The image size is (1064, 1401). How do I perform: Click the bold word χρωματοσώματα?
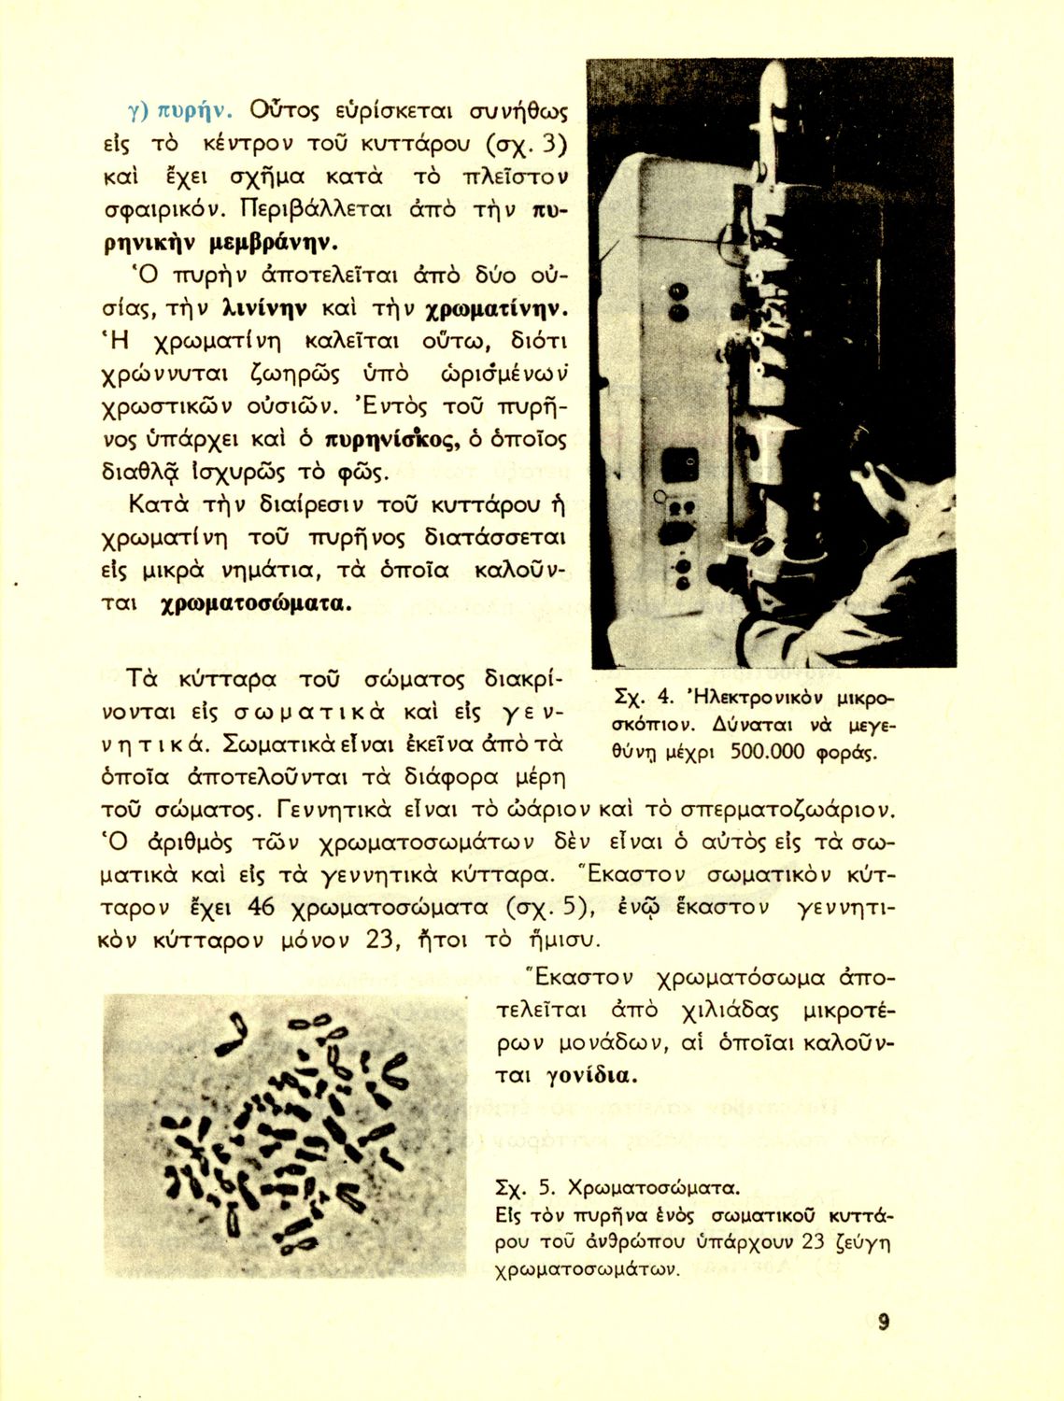click(x=256, y=603)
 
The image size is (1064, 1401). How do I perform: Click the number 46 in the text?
click(x=262, y=907)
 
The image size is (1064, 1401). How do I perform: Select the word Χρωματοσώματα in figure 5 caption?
click(x=653, y=1188)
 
